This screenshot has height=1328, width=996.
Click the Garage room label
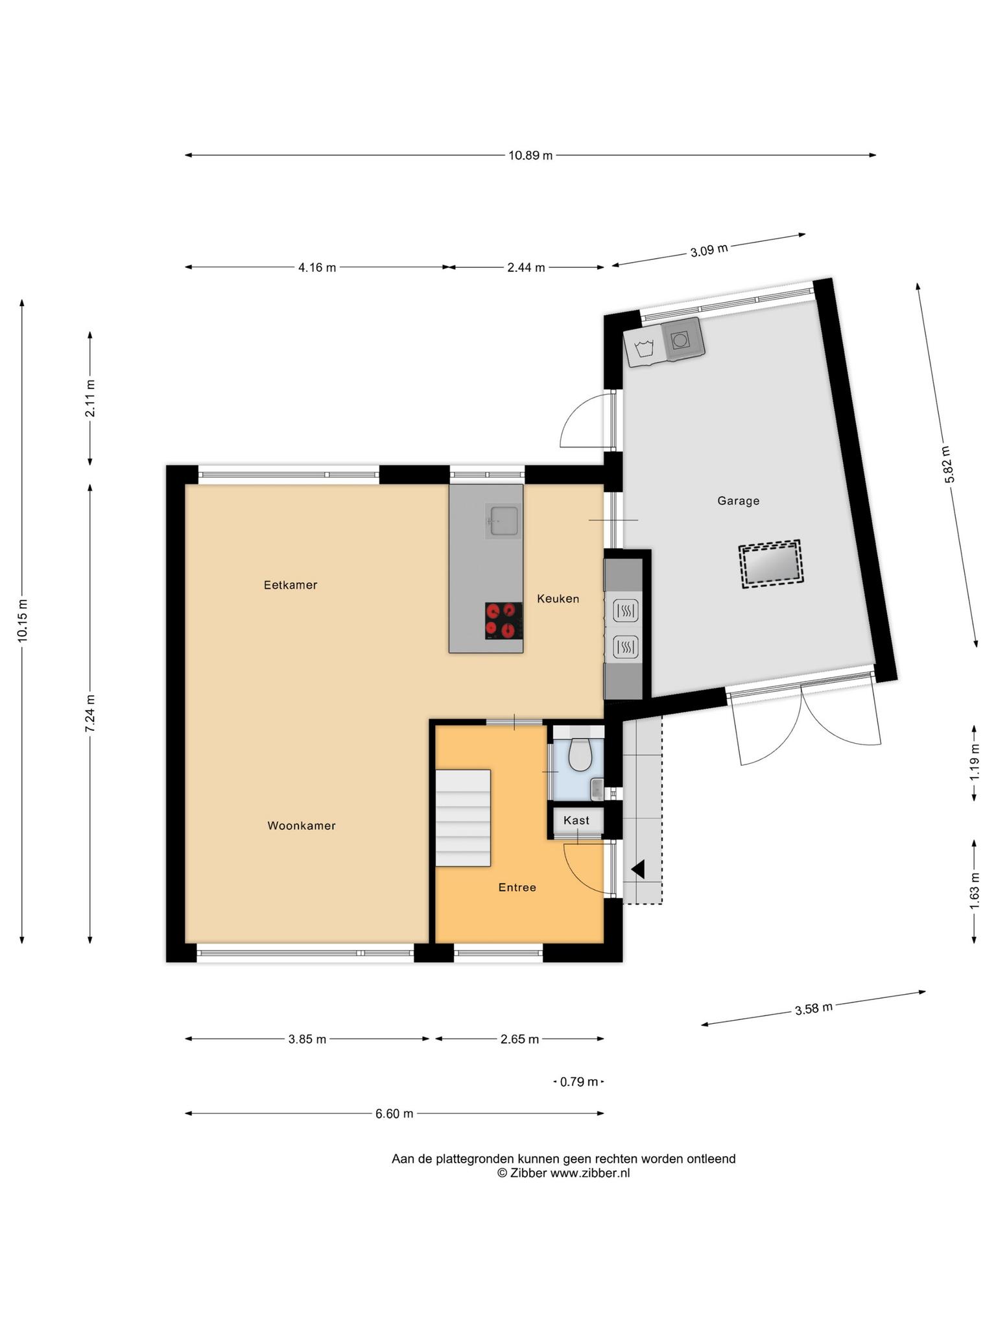738,501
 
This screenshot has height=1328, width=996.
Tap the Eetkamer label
290,585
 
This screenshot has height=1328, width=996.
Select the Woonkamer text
302,825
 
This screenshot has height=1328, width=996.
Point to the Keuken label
558,599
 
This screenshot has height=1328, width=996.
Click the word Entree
517,887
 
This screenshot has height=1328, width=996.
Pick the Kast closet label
576,820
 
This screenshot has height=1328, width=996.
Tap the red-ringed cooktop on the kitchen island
504,621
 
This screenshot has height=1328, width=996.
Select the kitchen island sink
504,521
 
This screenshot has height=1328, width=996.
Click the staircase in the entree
462,818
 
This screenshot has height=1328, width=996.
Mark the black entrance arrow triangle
638,869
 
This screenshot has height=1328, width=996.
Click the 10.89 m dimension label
530,155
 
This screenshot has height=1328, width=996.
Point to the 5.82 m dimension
949,464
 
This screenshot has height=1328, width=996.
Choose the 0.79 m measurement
579,1082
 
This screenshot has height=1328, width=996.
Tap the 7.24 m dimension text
90,713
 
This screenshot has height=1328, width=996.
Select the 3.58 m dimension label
814,1008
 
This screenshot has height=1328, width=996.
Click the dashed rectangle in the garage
770,563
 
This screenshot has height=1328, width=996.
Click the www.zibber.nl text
590,1172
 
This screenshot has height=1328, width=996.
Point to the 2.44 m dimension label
526,267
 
